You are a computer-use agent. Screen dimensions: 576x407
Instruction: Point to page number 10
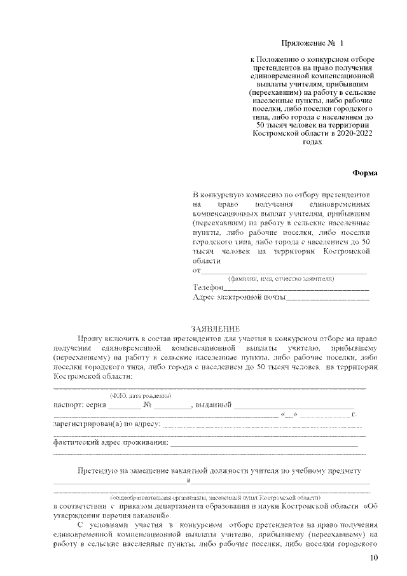(x=373, y=558)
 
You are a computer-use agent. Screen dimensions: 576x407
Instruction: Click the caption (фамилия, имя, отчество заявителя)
(x=281, y=279)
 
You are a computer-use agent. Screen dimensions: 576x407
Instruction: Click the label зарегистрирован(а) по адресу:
(x=107, y=423)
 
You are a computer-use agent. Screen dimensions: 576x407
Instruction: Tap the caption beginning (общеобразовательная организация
(x=216, y=496)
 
